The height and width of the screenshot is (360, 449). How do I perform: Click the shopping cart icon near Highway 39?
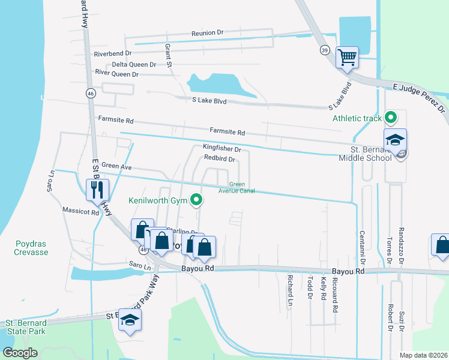click(347, 58)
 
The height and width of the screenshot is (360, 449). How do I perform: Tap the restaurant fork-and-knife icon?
click(97, 190)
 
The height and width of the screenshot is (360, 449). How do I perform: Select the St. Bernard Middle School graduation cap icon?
click(396, 140)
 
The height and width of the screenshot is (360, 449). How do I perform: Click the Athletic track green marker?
click(391, 118)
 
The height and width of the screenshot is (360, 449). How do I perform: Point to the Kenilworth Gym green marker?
click(196, 200)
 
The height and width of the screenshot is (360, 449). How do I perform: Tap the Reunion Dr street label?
click(207, 32)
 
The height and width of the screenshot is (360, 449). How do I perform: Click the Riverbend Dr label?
click(112, 53)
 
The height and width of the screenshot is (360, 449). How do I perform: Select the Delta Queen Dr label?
click(134, 64)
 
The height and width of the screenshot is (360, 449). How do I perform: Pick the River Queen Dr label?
click(117, 74)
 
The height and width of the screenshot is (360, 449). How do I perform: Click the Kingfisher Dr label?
click(221, 148)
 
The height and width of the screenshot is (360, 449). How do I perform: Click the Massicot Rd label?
click(80, 211)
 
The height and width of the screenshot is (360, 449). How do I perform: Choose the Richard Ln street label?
click(290, 287)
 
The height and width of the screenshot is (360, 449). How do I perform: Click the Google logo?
click(20, 353)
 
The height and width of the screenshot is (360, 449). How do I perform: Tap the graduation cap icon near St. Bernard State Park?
click(130, 320)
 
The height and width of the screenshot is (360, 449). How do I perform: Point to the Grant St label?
click(169, 55)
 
